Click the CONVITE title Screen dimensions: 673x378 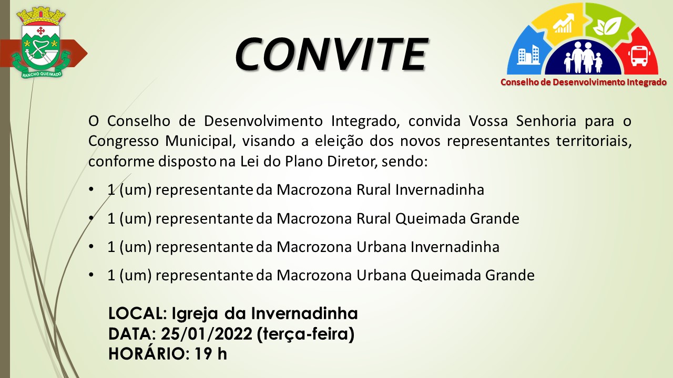coord(331,54)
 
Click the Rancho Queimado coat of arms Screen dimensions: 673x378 coord(40,42)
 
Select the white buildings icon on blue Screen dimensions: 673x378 coord(528,55)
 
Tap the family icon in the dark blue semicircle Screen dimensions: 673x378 coord(583,57)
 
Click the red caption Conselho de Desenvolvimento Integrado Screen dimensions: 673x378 coord(584,82)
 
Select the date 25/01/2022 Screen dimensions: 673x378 coord(207,334)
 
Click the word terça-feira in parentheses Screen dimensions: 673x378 coord(306,334)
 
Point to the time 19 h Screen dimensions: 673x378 coord(211,354)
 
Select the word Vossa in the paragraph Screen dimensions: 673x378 coord(488,121)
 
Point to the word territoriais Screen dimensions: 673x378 coord(594,141)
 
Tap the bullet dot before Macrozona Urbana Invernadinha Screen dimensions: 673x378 coord(91,247)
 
